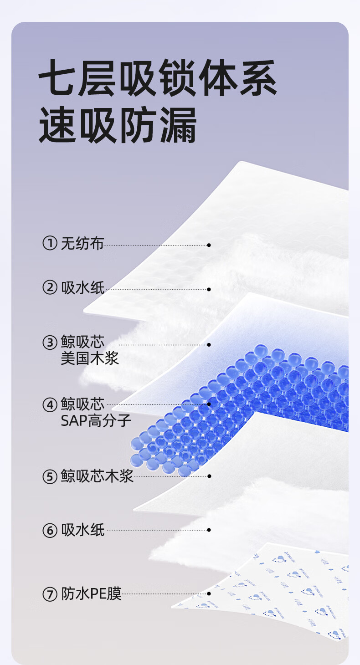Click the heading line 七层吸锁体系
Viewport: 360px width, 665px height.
[158, 78]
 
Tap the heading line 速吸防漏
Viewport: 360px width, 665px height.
[118, 125]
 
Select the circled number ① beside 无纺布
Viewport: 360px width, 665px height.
[50, 243]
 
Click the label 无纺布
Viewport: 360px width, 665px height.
[82, 243]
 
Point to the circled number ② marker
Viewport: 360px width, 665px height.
[50, 287]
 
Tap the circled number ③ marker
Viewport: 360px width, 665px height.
[50, 343]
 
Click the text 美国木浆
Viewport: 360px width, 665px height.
[90, 358]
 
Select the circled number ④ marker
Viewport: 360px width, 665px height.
[50, 405]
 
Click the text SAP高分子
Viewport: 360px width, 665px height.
[96, 421]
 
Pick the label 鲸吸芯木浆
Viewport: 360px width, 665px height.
[97, 476]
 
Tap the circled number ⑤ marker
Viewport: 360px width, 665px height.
[50, 477]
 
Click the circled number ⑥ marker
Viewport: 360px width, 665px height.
[50, 531]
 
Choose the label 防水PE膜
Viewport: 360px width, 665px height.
[91, 594]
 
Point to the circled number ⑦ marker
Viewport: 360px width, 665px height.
[50, 594]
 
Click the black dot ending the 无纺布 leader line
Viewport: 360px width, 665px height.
[209, 245]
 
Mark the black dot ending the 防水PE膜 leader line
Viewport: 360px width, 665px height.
[209, 594]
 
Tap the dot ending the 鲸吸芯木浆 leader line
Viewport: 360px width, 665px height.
[209, 476]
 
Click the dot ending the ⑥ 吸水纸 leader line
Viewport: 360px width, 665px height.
[209, 530]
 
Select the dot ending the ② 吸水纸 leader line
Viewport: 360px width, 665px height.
[209, 289]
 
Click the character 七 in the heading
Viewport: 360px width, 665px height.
[57, 78]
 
